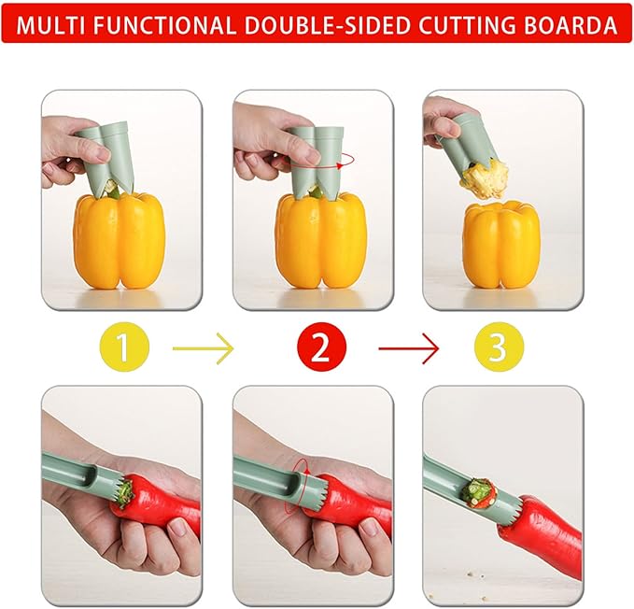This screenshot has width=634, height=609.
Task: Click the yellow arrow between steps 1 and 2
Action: pyautogui.click(x=204, y=350)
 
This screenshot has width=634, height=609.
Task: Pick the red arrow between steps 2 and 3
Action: pyautogui.click(x=408, y=350)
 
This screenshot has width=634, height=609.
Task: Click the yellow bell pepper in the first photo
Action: pyautogui.click(x=119, y=241)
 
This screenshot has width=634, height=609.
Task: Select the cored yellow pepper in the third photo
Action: pyautogui.click(x=501, y=245)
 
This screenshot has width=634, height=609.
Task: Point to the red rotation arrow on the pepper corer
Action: pyautogui.click(x=346, y=161)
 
